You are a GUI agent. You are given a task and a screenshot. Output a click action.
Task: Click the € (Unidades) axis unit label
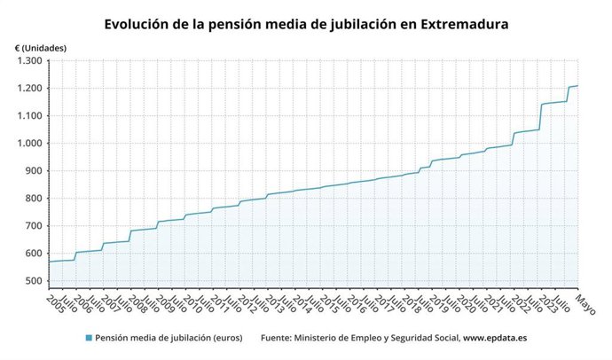[41, 46]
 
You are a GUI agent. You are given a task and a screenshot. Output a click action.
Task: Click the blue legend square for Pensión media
[88, 338]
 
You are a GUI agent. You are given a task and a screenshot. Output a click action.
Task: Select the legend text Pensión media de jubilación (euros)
[170, 338]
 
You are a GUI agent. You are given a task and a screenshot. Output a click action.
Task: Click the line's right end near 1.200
[577, 86]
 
